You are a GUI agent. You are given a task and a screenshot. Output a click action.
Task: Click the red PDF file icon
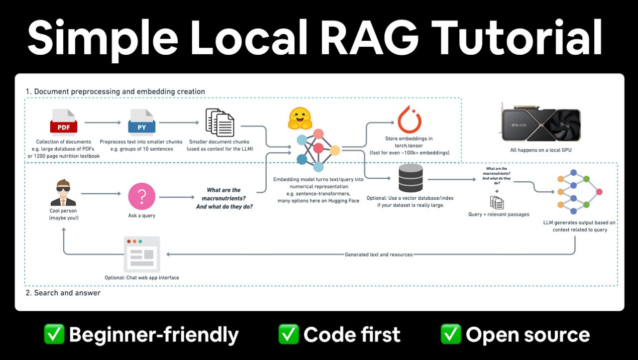(x=64, y=122)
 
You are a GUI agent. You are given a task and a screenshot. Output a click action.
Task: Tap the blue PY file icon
(x=141, y=122)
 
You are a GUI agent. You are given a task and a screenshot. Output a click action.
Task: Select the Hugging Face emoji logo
(x=300, y=119)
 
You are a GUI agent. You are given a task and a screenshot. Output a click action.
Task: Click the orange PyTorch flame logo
(x=410, y=120)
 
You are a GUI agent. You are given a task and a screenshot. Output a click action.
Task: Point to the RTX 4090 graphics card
(x=540, y=123)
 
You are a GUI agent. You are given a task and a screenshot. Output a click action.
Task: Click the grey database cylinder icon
(x=411, y=178)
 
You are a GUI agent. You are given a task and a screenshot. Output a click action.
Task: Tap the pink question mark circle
(x=141, y=196)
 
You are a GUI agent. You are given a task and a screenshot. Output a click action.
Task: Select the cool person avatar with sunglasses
(x=63, y=193)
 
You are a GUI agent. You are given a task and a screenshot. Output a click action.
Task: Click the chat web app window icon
(x=142, y=254)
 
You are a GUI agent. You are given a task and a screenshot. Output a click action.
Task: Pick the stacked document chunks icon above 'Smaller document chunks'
(x=220, y=122)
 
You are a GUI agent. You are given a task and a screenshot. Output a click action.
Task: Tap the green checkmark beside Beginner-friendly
(x=54, y=334)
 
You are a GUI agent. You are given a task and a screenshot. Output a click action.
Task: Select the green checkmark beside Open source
(x=451, y=334)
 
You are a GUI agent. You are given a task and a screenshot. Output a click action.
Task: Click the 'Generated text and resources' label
(x=379, y=254)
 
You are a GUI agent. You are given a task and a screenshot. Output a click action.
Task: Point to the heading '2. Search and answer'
(x=63, y=293)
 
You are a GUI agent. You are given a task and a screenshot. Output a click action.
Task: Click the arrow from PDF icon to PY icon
(x=103, y=122)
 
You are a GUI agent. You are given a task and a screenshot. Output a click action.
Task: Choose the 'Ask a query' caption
(x=141, y=216)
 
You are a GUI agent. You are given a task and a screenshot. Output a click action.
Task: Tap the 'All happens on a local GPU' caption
(x=540, y=150)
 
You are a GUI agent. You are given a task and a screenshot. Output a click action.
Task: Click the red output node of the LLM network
(x=599, y=192)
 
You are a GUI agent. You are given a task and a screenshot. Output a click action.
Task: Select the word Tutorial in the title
(x=517, y=38)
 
